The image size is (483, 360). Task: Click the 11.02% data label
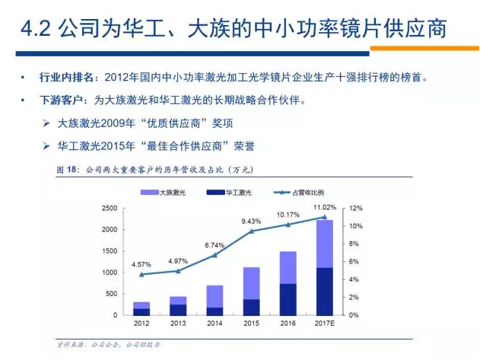(x=325, y=207)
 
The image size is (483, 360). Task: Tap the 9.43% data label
(x=252, y=221)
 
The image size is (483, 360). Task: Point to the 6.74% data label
(x=215, y=245)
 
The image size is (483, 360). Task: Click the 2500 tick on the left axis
(x=109, y=208)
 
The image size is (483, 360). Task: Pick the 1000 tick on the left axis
(x=109, y=272)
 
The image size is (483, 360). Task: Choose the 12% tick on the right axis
(x=357, y=208)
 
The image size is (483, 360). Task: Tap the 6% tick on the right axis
(x=355, y=262)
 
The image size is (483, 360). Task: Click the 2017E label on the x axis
(x=325, y=323)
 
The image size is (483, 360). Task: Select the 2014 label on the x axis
(x=215, y=323)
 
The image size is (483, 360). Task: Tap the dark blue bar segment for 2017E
(x=325, y=291)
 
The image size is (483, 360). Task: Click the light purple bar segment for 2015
(x=252, y=283)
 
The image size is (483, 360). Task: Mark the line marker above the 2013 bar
(x=178, y=271)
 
